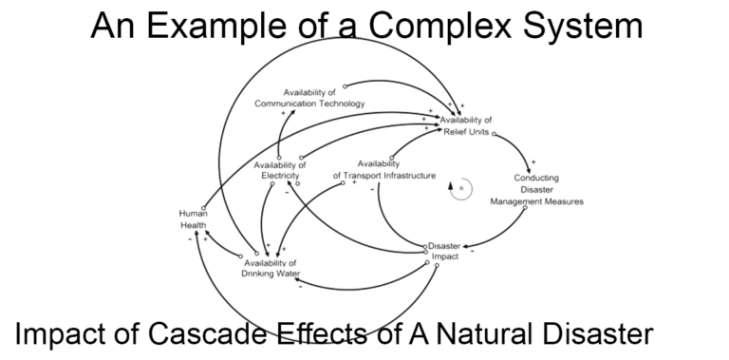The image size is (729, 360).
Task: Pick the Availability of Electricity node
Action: [279, 170]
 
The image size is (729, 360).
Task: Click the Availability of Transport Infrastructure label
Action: [384, 170]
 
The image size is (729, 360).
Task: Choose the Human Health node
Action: [193, 219]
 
